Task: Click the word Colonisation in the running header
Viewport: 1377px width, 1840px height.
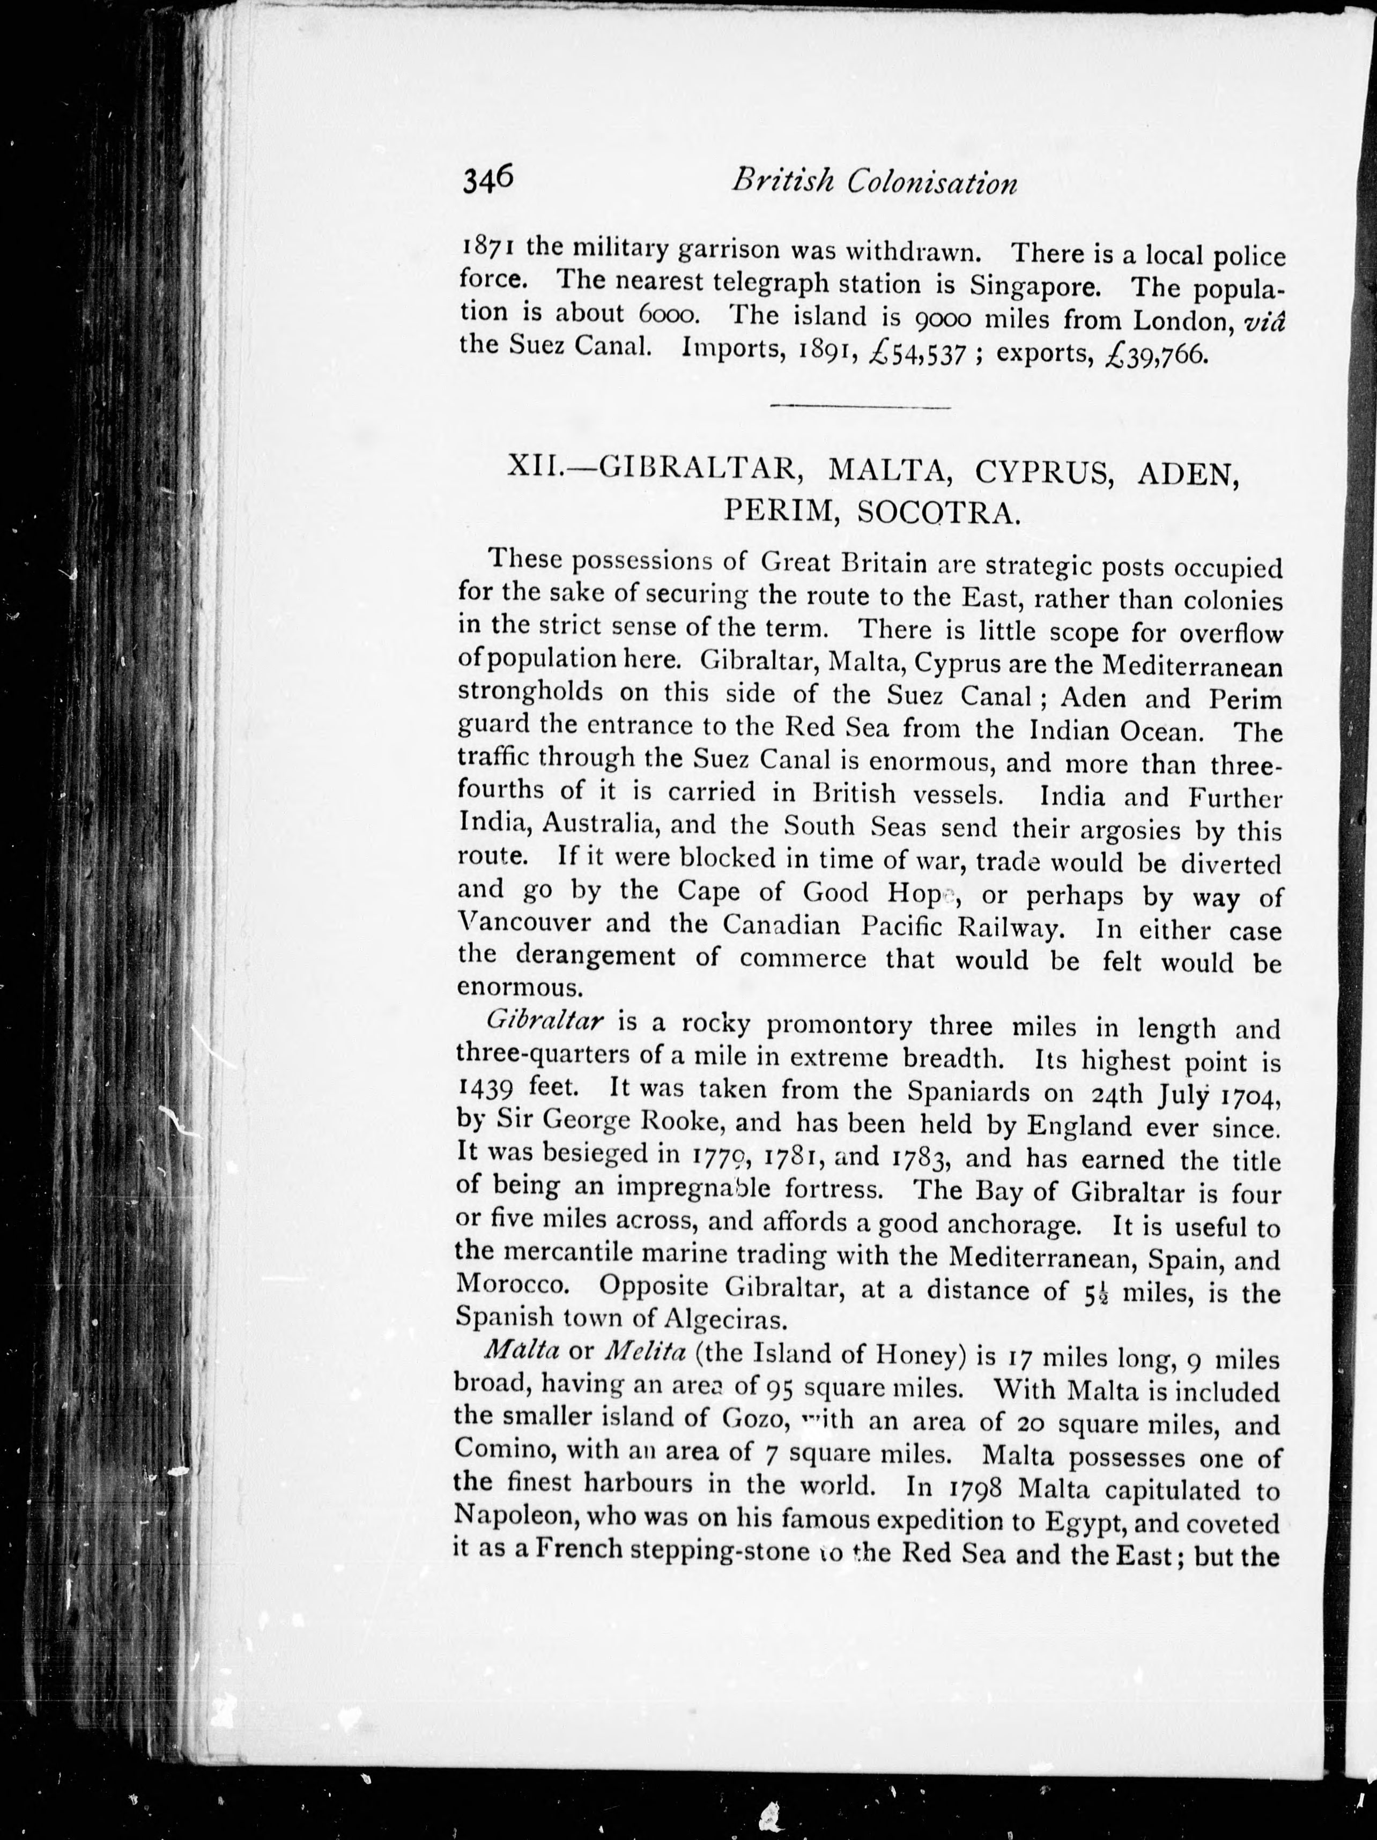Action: pyautogui.click(x=932, y=182)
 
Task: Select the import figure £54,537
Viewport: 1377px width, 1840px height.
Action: pyautogui.click(x=916, y=353)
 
